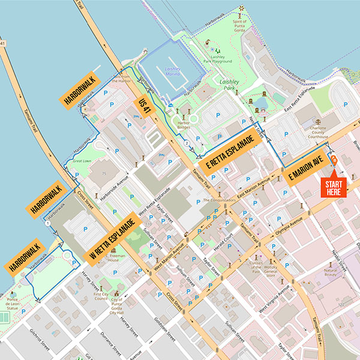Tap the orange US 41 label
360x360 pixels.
pos(145,106)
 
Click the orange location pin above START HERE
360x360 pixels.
pos(334,161)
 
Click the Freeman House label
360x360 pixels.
pos(116,257)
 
